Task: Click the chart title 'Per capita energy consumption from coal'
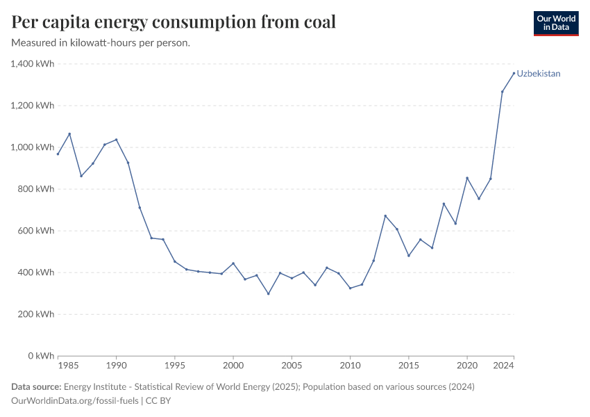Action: point(174,22)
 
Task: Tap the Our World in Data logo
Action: point(555,23)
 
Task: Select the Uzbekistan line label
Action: point(539,73)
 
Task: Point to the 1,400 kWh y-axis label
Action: point(32,64)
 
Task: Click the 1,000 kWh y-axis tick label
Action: point(32,147)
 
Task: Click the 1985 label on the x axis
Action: point(68,365)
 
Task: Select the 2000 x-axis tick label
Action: point(233,365)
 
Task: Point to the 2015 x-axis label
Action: point(409,365)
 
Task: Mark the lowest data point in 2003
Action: point(268,293)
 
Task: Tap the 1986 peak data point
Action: point(69,133)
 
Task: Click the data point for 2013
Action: point(385,215)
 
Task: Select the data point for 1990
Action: point(116,139)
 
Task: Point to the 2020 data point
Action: point(467,178)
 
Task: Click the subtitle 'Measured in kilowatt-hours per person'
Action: point(101,43)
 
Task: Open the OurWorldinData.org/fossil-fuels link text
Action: point(76,401)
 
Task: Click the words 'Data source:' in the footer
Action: point(36,387)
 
